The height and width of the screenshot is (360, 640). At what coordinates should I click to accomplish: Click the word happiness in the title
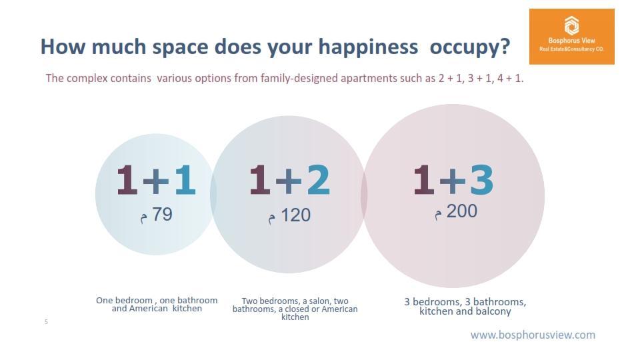point(368,47)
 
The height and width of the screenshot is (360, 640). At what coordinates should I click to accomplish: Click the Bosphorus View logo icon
point(571,26)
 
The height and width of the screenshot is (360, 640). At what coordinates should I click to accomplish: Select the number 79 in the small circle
point(163,214)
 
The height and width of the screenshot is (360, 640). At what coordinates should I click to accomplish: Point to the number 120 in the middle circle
point(296,215)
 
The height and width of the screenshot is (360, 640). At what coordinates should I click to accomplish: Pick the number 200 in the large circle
point(461,211)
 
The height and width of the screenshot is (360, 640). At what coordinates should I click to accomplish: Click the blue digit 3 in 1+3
point(481,179)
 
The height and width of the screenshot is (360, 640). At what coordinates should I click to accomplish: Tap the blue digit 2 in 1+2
point(319,179)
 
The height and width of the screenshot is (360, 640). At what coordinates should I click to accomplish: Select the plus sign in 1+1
point(156,180)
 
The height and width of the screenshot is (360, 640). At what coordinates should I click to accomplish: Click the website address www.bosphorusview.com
point(533,335)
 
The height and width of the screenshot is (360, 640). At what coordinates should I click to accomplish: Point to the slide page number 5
point(46,321)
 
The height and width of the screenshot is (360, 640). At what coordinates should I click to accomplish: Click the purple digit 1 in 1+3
point(423,179)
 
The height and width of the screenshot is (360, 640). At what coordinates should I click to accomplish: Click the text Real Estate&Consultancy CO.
point(571,49)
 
